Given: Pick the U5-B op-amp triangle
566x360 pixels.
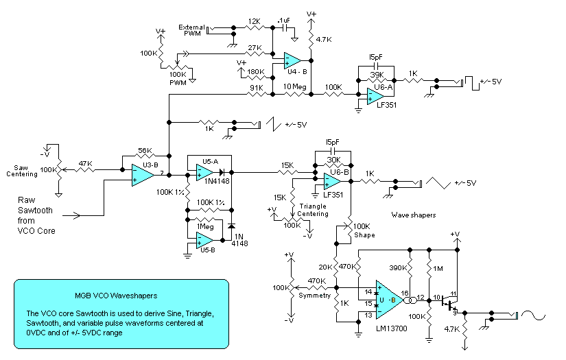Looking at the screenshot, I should click(x=204, y=240).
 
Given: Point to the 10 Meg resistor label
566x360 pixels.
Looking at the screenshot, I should click(x=295, y=86).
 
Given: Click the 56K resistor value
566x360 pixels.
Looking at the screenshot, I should click(x=145, y=150).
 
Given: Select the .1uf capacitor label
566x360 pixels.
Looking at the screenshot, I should click(x=283, y=21).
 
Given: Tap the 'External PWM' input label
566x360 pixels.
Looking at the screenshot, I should click(x=192, y=32).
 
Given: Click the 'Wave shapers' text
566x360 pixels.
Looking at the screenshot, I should click(x=413, y=215).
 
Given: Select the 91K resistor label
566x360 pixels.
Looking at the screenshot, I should click(x=256, y=86).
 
